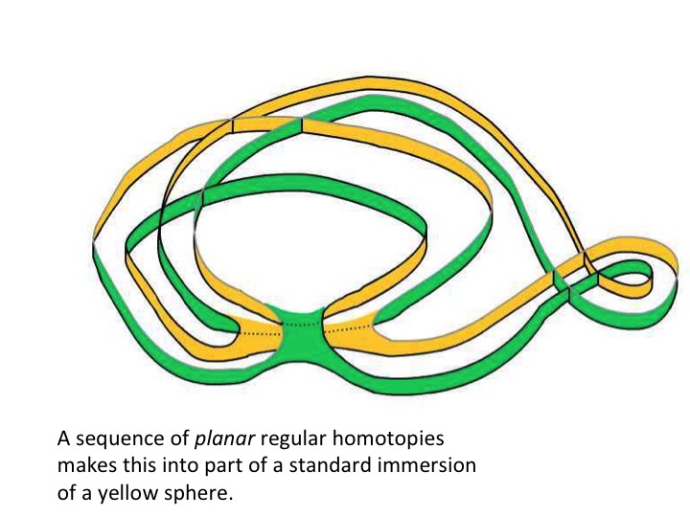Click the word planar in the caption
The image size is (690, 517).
tap(220, 442)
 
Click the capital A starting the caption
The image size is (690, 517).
tap(63, 442)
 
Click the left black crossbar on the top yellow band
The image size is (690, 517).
tap(232, 126)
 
